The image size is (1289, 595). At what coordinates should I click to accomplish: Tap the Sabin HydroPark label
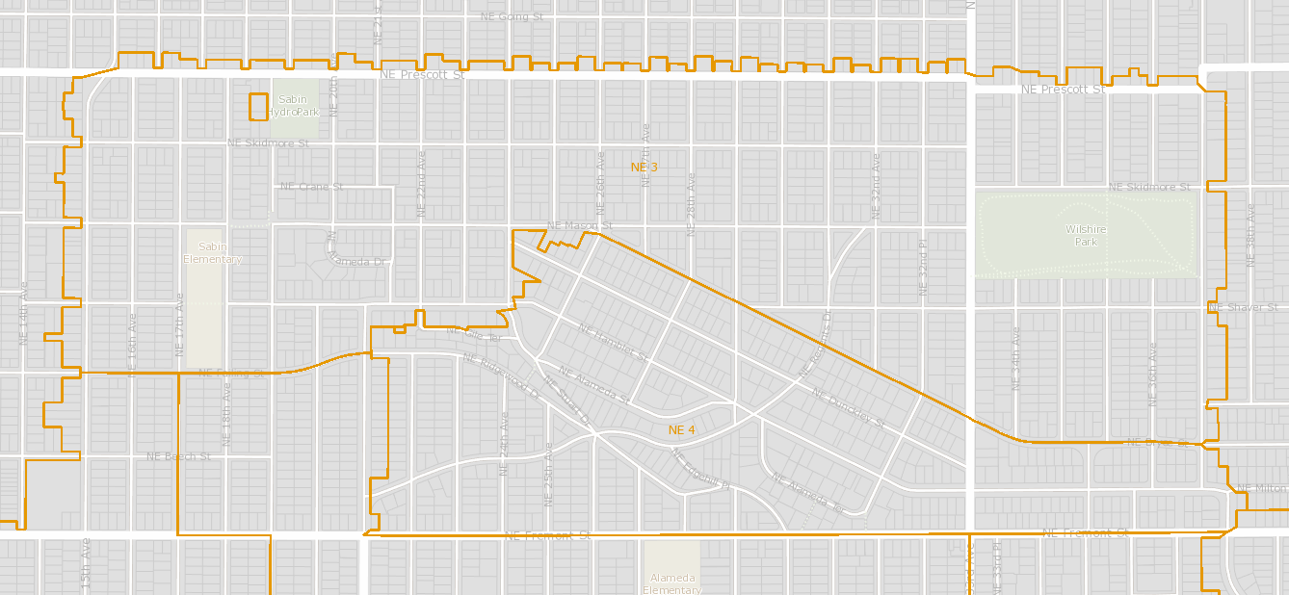pos(293,106)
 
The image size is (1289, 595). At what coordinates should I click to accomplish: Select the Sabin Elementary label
pos(213,253)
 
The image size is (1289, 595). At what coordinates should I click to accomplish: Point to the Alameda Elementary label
pos(671,583)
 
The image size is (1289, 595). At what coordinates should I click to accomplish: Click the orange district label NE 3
pos(644,168)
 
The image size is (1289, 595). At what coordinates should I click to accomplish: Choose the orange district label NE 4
pos(682,429)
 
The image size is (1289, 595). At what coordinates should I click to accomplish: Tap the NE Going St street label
pos(512,16)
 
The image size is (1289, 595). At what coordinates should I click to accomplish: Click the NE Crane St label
pos(311,187)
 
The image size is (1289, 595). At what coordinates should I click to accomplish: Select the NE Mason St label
pos(579,225)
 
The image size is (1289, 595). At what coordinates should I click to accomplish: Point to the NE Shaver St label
pos(1243,307)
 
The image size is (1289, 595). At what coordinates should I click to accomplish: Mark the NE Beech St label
pos(178,456)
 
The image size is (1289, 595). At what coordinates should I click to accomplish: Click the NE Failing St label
pos(231,373)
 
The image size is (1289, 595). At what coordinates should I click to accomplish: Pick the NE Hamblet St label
pos(614,342)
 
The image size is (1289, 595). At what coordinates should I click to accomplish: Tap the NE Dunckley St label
pos(848,407)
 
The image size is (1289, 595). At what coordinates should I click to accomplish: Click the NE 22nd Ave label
pos(421,183)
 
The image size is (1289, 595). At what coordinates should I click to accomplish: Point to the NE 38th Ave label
pos(1251,235)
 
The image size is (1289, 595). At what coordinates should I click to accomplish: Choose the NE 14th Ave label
pos(24,314)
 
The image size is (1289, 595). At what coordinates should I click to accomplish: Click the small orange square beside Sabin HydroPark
pos(258,106)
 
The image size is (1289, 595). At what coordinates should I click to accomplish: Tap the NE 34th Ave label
pos(1015,358)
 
